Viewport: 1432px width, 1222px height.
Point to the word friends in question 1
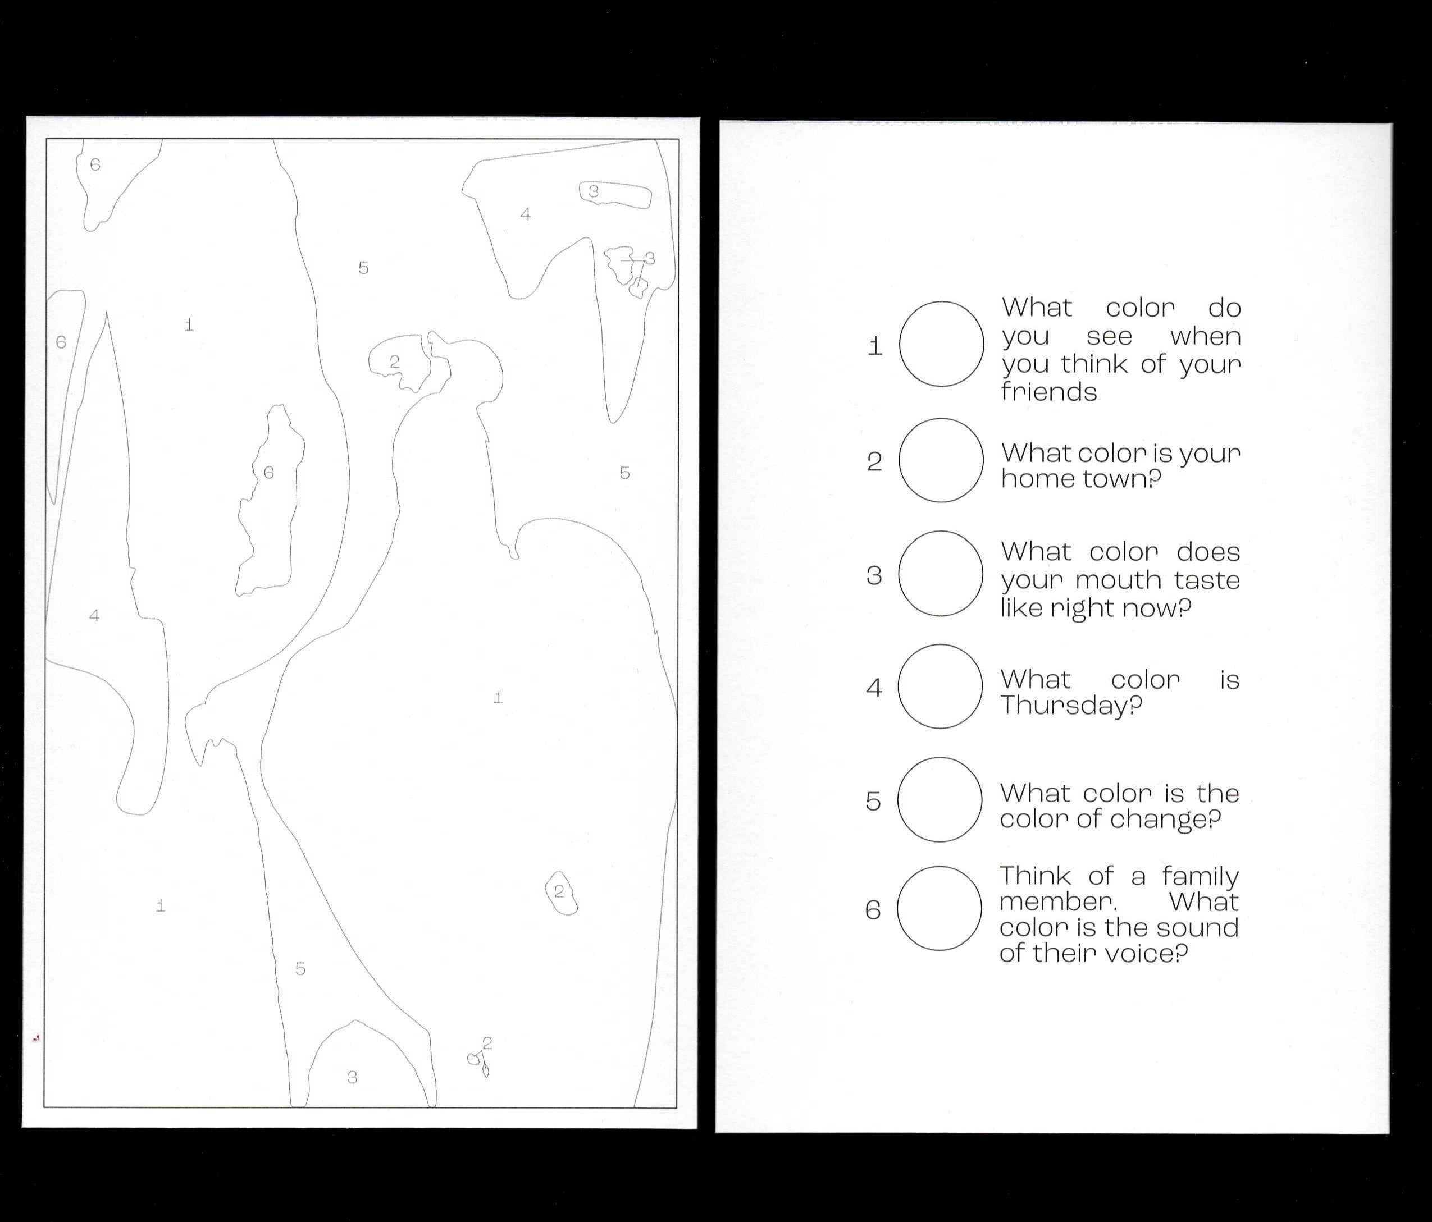1049,392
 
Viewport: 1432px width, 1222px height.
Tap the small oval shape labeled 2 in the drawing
561,893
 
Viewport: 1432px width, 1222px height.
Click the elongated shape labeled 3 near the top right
615,194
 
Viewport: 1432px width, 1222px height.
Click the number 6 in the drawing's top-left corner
95,164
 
